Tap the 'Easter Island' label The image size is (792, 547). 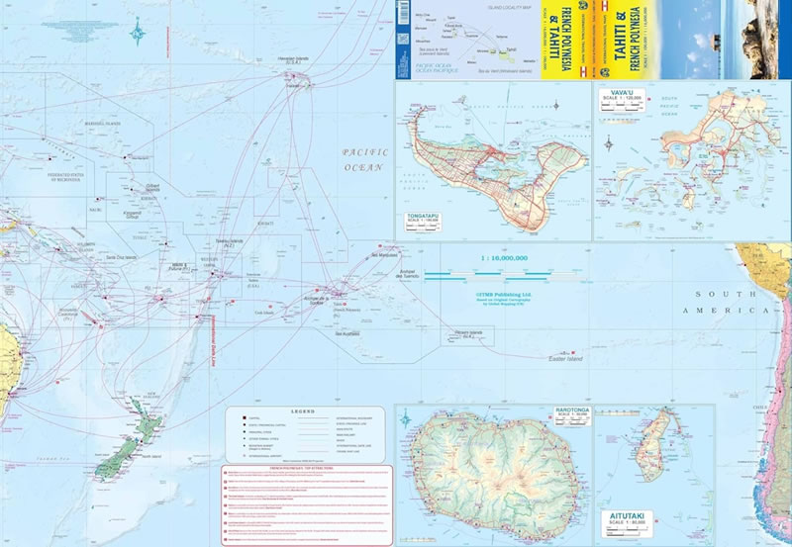[x=566, y=360]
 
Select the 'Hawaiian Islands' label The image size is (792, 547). [x=294, y=58]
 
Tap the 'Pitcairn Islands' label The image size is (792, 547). [x=468, y=332]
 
